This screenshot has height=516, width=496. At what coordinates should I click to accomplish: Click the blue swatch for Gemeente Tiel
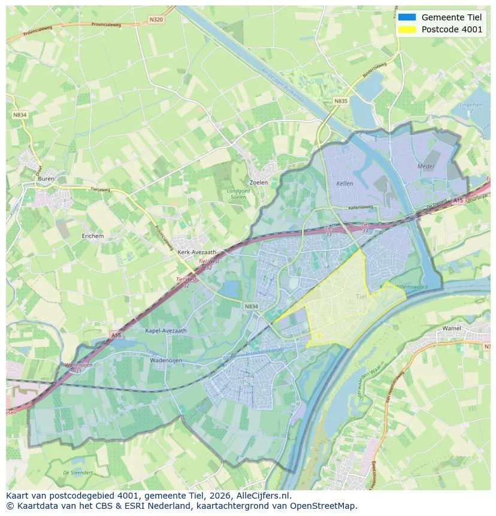click(407, 17)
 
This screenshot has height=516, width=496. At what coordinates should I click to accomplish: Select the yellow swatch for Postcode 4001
click(407, 30)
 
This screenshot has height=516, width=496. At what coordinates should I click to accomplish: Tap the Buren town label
click(46, 179)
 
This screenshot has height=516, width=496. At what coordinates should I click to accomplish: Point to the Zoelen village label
click(258, 182)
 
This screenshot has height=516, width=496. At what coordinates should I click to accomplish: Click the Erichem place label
click(93, 236)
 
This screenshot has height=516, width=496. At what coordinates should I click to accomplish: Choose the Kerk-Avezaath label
click(197, 252)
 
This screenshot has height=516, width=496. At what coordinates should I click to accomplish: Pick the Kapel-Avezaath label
click(166, 330)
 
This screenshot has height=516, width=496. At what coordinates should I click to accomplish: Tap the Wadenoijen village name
click(166, 361)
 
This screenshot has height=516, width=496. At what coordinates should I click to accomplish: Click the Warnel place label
click(452, 328)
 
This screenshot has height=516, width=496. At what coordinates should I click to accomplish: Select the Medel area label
click(426, 165)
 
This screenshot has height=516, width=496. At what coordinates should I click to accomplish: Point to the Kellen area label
click(344, 183)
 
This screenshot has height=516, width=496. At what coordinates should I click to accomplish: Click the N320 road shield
click(156, 19)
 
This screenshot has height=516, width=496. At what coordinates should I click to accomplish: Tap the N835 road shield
click(341, 101)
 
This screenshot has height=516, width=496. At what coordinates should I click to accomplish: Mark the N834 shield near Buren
click(19, 114)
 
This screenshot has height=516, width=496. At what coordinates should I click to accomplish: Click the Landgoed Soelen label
click(238, 194)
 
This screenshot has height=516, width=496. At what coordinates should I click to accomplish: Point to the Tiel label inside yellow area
click(361, 297)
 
